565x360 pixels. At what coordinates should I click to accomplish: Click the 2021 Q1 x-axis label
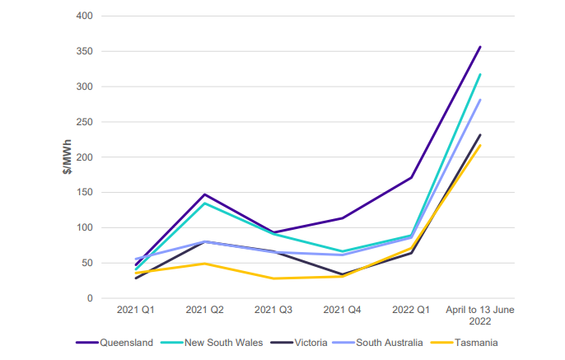click(134, 311)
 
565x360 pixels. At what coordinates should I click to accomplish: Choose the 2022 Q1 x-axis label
click(410, 311)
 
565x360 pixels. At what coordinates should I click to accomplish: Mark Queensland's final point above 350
click(479, 47)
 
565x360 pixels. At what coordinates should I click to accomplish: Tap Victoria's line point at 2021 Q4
click(341, 274)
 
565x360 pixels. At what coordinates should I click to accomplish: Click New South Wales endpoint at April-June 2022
click(479, 74)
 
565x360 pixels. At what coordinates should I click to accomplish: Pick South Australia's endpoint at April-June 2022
click(479, 100)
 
